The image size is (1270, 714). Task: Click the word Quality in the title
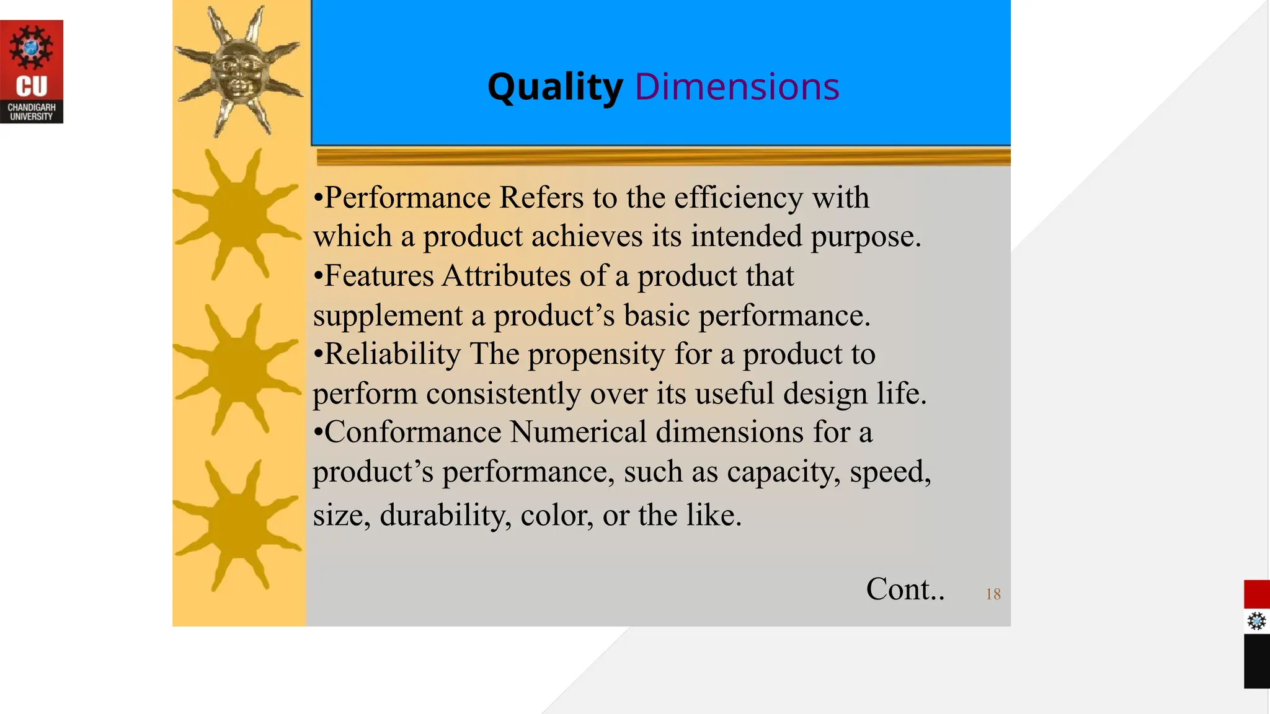555,87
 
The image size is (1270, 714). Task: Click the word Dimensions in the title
737,87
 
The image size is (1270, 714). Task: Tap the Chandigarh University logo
32,71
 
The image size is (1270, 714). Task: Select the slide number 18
993,594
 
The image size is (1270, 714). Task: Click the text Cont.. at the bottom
905,589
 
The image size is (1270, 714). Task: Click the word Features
379,276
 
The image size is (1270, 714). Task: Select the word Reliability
393,354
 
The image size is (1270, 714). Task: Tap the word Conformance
412,432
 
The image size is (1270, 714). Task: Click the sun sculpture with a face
239,69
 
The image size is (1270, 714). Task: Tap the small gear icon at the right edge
1256,621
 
